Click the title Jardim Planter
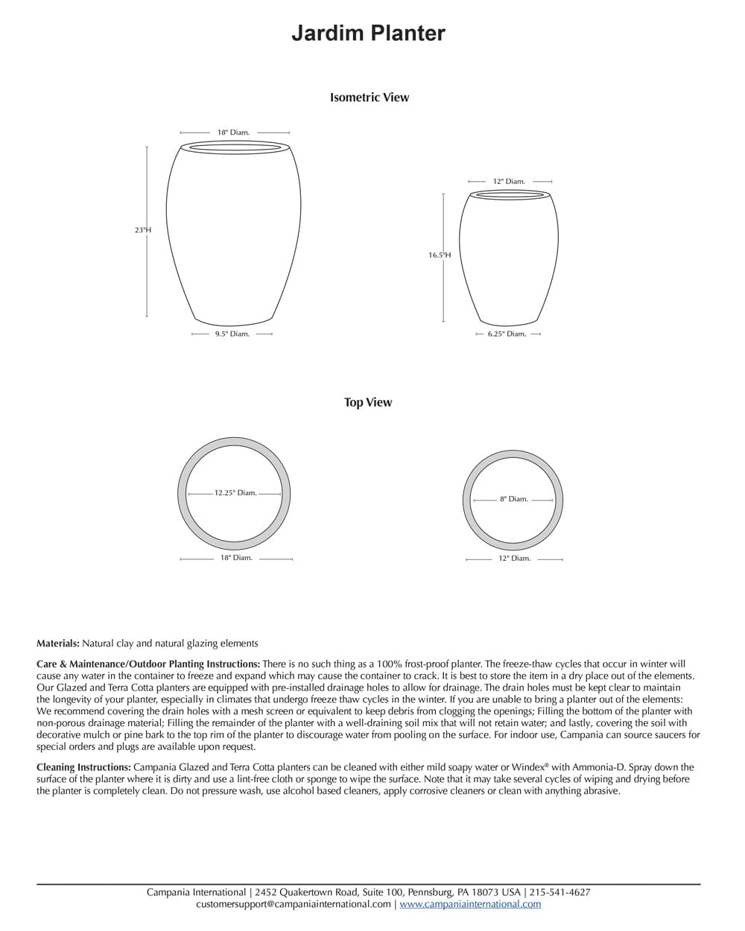coord(368,34)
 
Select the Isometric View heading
coord(370,98)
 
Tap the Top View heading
coord(368,402)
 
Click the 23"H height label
coord(143,230)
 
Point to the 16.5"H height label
coord(440,255)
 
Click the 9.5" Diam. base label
coord(232,334)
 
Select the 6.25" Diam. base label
coord(507,334)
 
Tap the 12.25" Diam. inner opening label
coord(235,493)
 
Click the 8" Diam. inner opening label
coord(514,500)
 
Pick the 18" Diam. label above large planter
coord(234,133)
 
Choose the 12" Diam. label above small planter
coord(510,182)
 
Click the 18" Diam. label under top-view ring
coord(236,558)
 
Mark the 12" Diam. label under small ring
coord(515,559)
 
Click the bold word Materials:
coord(58,644)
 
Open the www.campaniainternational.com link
coord(470,904)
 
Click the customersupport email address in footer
coord(294,904)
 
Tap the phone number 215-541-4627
coord(560,892)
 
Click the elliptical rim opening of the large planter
coord(234,147)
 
